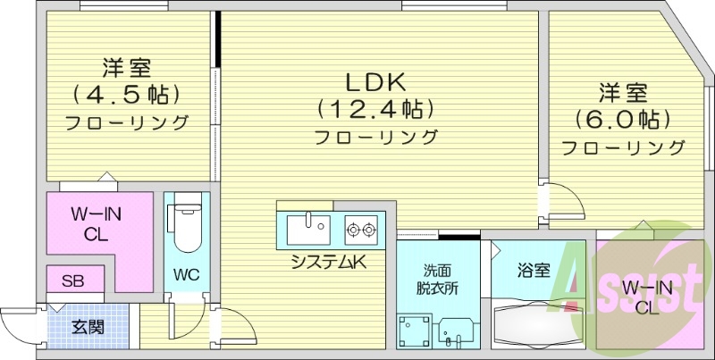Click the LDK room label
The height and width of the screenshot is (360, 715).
coord(375,82)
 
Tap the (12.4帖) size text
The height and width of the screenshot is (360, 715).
coord(375,109)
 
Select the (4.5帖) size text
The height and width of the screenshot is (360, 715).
coord(126,95)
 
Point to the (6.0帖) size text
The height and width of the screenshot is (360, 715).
coord(622,120)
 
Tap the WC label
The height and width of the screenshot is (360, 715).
coord(187,274)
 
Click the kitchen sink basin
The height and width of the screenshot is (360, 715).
coord(308,230)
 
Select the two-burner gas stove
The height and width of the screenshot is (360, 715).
coord(361,230)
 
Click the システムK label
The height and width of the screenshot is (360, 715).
coord(329,262)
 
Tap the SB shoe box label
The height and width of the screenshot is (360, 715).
coord(73,281)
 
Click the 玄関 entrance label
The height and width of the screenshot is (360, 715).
coord(88,327)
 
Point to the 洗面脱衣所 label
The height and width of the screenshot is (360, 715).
coord(438,280)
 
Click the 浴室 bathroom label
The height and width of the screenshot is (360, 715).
coord(533,271)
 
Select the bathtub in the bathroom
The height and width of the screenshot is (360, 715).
coord(539,323)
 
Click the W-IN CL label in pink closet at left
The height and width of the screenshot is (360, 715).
coord(97,224)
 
